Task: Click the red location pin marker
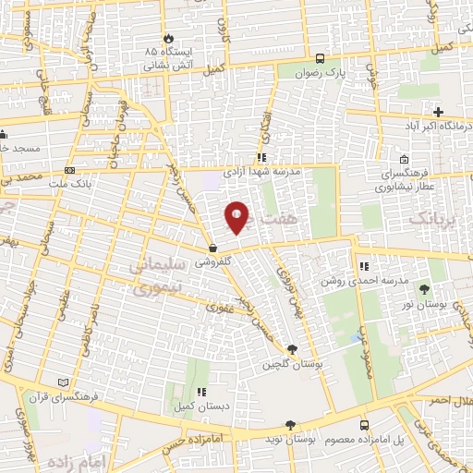[x=237, y=218]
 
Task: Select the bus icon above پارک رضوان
[x=319, y=55]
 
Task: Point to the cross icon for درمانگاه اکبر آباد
[x=438, y=111]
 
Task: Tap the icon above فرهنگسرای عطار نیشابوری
[x=403, y=159]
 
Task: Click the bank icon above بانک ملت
[x=70, y=171]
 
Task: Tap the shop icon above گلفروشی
[x=212, y=249]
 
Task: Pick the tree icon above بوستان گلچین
[x=292, y=349]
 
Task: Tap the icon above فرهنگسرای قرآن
[x=63, y=382]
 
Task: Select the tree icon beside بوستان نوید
[x=292, y=423]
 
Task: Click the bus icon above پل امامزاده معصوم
[x=364, y=424]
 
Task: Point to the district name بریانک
[x=431, y=218]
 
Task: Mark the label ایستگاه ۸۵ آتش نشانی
[x=168, y=57]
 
